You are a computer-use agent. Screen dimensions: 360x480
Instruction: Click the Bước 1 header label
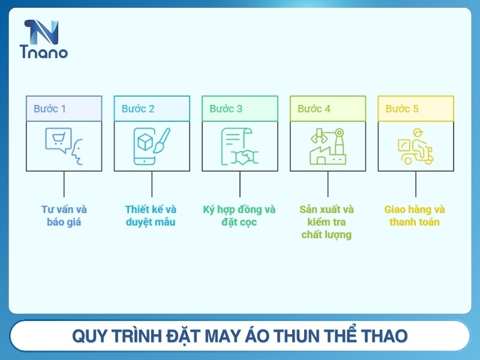[50, 109]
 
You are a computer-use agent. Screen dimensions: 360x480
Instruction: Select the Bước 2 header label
[138, 109]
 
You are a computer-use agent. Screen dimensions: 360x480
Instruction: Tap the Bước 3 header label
[226, 109]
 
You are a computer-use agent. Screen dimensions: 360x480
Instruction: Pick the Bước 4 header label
[314, 109]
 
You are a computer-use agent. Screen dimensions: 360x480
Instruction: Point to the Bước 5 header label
[402, 109]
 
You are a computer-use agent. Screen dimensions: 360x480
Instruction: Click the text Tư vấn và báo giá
[64, 216]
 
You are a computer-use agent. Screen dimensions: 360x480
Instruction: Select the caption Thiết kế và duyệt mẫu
[151, 216]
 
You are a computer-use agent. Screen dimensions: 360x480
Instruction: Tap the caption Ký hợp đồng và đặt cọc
[239, 216]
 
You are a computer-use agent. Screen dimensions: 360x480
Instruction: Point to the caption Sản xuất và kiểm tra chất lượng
[327, 222]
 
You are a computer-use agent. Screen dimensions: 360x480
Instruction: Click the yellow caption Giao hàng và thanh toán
[415, 216]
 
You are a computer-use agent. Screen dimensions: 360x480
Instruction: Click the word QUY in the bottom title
[88, 336]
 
